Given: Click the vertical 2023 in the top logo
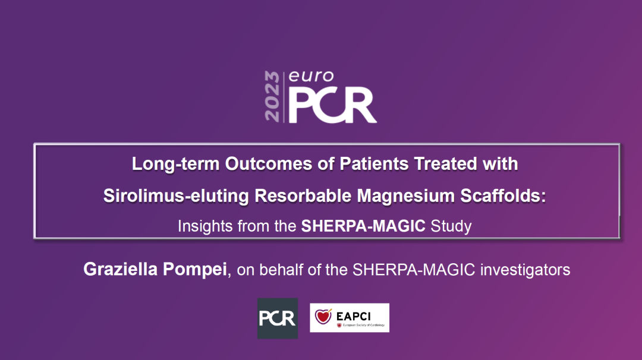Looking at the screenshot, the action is point(272,97).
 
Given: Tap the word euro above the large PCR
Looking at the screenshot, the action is point(311,76).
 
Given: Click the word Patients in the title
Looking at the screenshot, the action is point(374,163).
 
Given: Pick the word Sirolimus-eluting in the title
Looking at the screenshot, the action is point(176,196).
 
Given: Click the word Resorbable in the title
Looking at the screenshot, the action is point(303,195).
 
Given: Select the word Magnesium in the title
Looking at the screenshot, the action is point(406,196).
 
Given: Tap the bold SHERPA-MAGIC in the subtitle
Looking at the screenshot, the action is point(363,226).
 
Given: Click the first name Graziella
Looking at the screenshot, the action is point(120,269).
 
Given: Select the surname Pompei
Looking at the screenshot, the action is point(194,270).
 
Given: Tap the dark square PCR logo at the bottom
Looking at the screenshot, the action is point(278,318).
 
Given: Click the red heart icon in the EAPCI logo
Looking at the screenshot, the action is point(323,316).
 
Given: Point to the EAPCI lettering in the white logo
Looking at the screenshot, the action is point(353,316).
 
